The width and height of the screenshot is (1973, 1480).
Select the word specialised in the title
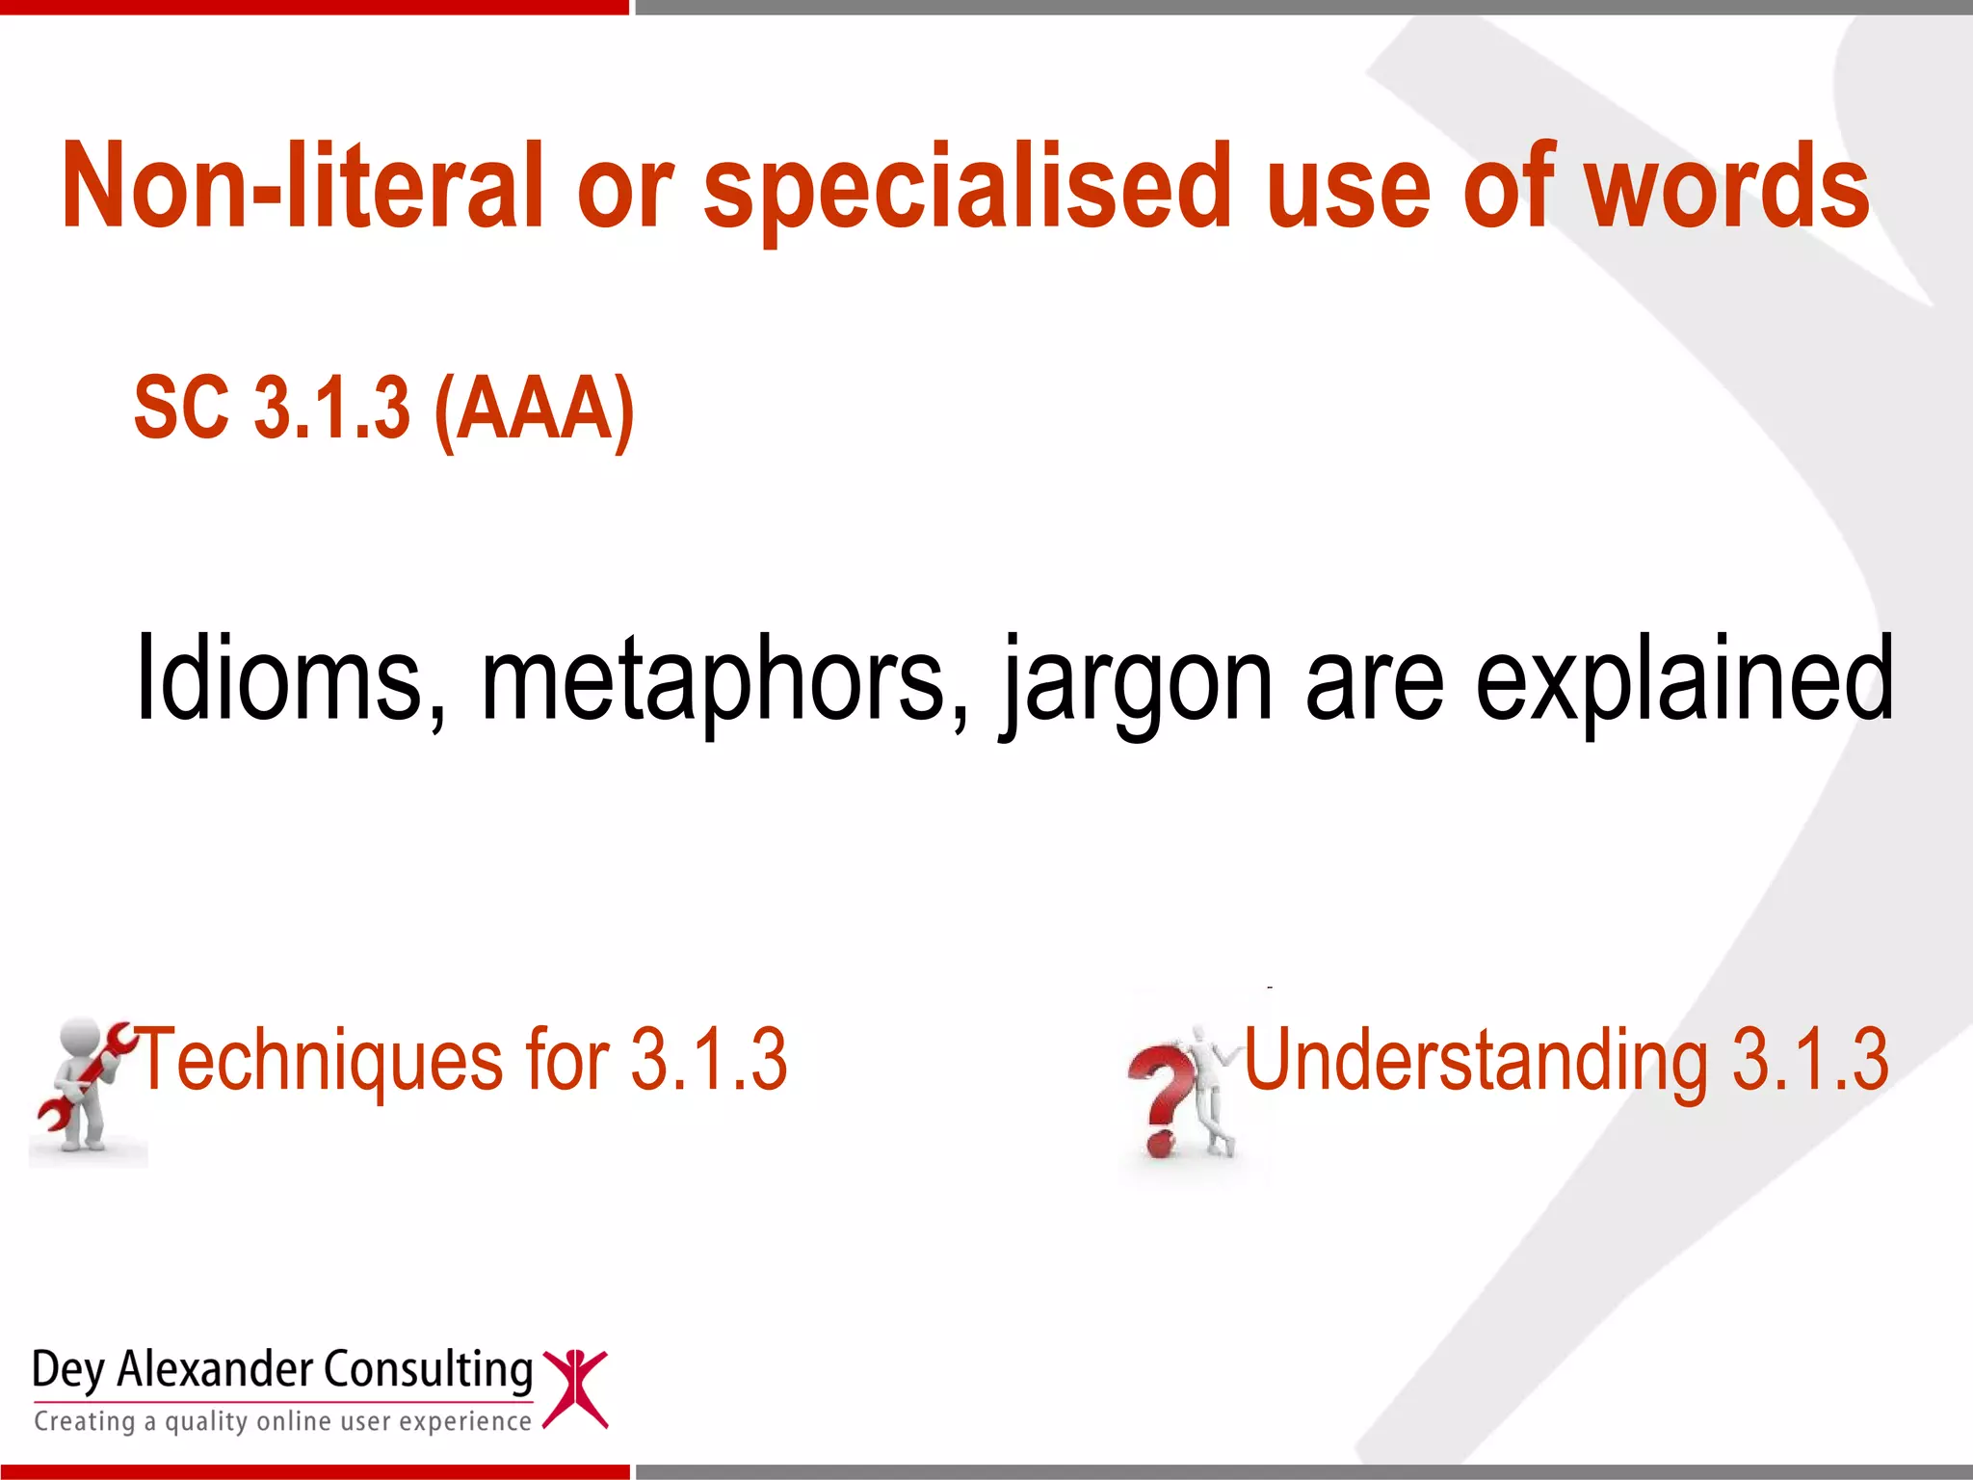(967, 187)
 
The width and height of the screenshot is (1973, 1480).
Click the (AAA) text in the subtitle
(534, 409)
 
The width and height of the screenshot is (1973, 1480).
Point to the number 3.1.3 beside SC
(331, 409)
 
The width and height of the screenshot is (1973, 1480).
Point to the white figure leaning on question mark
(1210, 1089)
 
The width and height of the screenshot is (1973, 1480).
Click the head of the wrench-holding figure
(81, 1041)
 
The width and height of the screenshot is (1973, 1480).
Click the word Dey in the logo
(67, 1370)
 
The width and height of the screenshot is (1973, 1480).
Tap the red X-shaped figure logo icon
(575, 1387)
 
